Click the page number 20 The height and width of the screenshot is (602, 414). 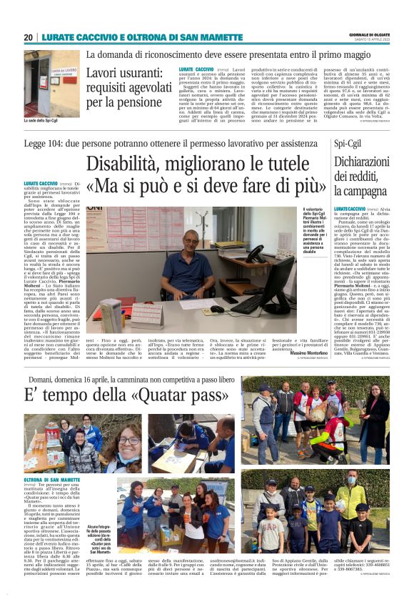(28, 37)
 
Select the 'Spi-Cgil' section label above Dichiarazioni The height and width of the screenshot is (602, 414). (348, 144)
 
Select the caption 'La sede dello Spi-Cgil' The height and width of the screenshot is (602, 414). (41, 120)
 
